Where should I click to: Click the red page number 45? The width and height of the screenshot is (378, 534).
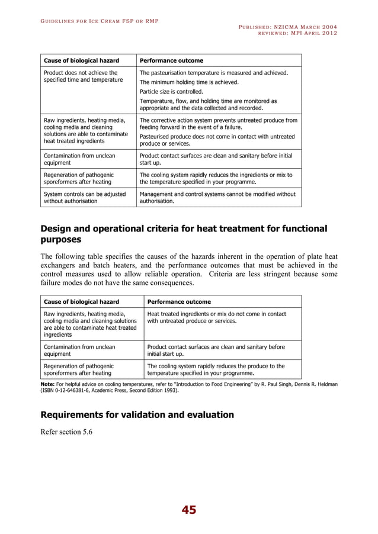(x=188, y=510)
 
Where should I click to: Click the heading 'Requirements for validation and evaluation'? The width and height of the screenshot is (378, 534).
(x=136, y=414)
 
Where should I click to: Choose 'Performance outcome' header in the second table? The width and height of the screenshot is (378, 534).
(x=179, y=301)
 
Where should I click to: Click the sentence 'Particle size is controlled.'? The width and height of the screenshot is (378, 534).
(x=171, y=92)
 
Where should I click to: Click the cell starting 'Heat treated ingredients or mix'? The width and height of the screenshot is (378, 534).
(x=216, y=317)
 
